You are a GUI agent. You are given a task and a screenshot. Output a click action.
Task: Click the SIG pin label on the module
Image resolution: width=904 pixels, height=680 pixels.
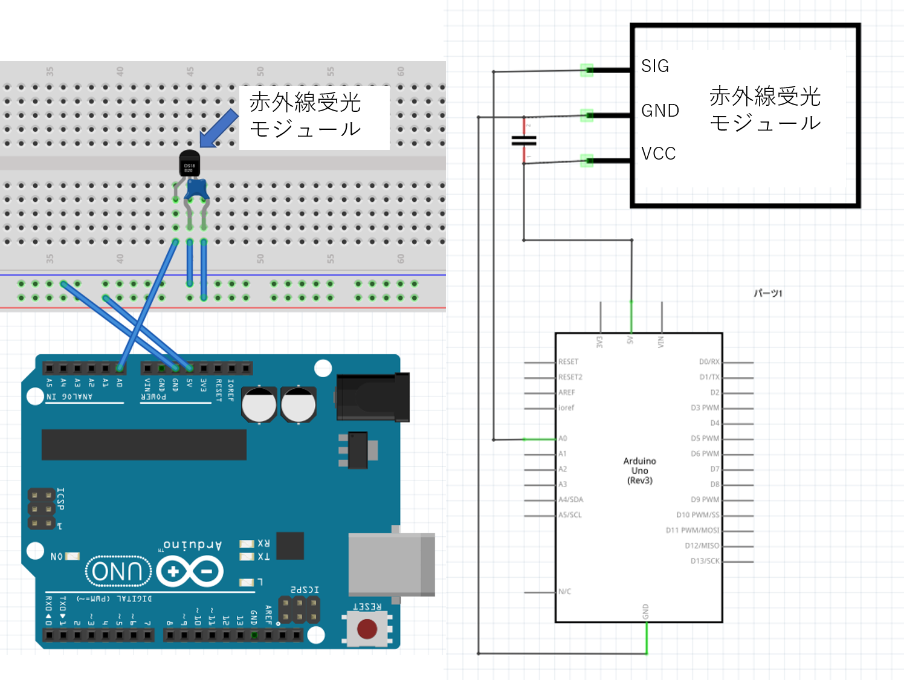(655, 66)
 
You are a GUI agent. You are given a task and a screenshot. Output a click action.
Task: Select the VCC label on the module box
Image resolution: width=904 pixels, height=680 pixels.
(658, 154)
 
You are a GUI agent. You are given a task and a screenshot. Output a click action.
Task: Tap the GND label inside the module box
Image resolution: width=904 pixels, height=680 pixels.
(660, 111)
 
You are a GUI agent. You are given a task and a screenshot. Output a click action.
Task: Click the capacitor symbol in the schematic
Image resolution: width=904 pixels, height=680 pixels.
(524, 141)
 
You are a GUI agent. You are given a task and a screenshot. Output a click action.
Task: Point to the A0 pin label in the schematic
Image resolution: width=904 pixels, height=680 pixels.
(563, 438)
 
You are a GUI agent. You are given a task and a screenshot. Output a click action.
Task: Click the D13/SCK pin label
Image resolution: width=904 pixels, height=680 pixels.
(705, 561)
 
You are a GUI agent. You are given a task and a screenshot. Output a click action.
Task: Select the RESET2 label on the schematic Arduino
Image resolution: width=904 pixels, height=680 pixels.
(570, 377)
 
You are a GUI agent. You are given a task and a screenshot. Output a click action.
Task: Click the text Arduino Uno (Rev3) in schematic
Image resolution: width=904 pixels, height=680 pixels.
(639, 470)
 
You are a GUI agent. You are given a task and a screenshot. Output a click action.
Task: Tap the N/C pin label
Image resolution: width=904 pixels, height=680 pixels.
(564, 592)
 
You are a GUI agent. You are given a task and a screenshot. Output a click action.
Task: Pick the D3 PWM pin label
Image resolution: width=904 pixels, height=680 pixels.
(705, 408)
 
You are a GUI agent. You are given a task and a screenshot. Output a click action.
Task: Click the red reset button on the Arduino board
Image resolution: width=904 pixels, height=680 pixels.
(367, 629)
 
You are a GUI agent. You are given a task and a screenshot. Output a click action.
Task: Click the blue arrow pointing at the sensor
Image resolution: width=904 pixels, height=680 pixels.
(219, 128)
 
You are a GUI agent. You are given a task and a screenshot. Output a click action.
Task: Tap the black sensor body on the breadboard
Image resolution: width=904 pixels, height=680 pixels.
(190, 164)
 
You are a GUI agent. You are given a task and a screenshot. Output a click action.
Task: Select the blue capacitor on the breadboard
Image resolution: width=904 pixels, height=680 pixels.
(197, 189)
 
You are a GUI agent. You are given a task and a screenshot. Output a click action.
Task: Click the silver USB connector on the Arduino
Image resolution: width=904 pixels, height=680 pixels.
(391, 565)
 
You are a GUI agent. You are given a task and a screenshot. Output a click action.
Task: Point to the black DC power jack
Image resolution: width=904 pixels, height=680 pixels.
(372, 397)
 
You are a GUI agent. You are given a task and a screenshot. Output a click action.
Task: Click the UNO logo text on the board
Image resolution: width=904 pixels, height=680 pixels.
(118, 571)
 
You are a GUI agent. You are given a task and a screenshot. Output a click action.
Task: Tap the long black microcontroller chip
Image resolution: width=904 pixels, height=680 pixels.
(144, 444)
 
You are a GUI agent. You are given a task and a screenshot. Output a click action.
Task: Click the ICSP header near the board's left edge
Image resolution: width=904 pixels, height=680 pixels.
(41, 509)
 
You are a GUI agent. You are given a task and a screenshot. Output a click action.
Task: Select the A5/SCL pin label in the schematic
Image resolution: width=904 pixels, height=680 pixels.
(570, 515)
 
